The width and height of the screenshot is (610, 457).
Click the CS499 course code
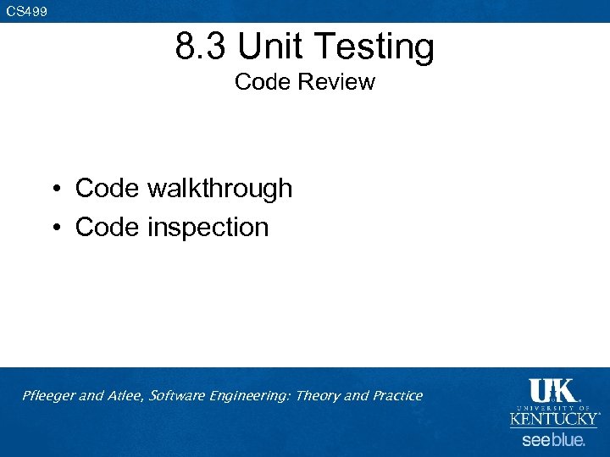27,11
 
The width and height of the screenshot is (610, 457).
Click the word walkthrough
219,189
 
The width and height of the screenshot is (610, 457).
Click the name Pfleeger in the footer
48,396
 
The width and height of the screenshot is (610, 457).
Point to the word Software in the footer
175,396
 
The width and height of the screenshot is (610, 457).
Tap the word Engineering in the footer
249,396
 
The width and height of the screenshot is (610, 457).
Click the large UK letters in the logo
552,391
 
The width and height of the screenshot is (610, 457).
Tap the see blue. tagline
553,440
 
